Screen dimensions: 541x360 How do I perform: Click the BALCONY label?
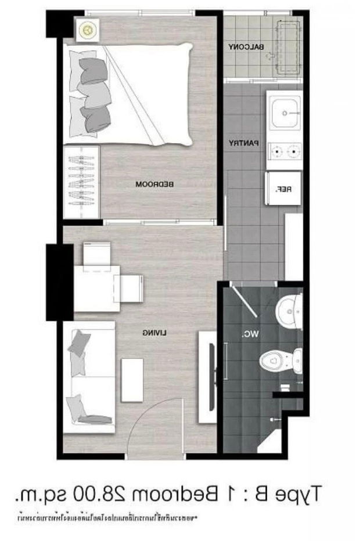(x=247, y=46)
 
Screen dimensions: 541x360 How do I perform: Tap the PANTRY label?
(x=243, y=143)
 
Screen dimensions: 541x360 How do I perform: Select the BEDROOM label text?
(x=155, y=185)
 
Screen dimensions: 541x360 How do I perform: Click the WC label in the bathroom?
(x=249, y=334)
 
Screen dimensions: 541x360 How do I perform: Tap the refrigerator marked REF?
(x=283, y=188)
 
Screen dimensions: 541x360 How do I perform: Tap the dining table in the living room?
(x=96, y=287)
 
